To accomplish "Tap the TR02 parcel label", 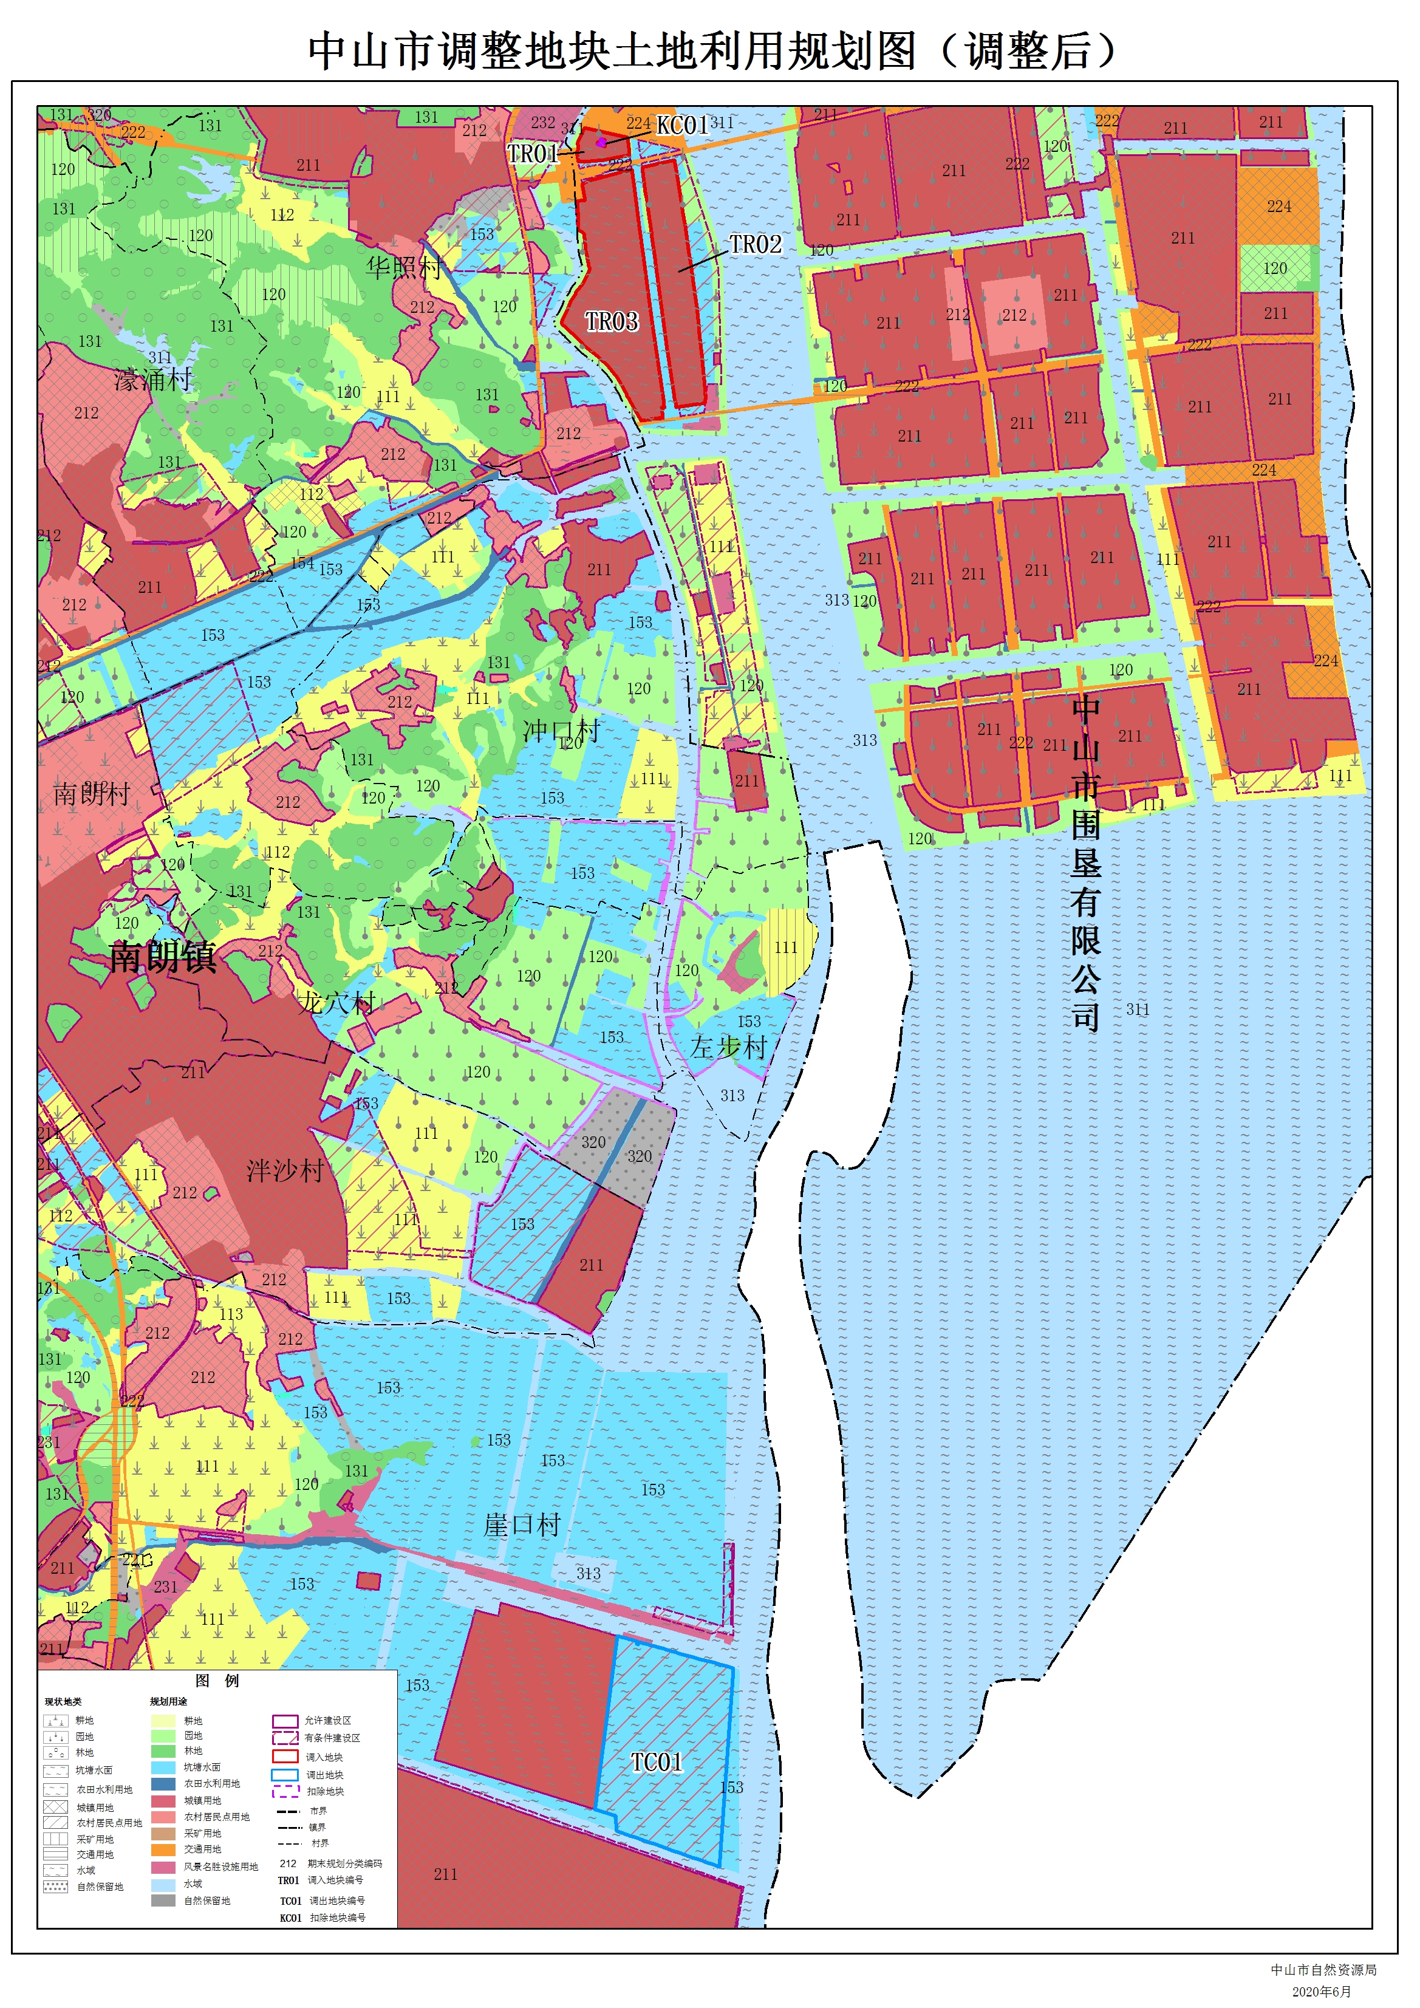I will click(x=756, y=244).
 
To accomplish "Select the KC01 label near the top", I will click(x=682, y=125).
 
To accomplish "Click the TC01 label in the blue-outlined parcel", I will click(x=657, y=1762).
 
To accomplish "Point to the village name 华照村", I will click(x=404, y=267).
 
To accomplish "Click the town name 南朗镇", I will click(x=163, y=957).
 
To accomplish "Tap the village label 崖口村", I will click(x=522, y=1525).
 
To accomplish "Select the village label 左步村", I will click(x=728, y=1047).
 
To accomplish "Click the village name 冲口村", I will click(x=561, y=730).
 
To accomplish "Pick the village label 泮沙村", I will click(x=285, y=1170).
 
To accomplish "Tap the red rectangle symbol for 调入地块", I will click(x=285, y=1756).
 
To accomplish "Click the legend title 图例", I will click(x=217, y=1681).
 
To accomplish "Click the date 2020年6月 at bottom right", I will click(x=1321, y=1992).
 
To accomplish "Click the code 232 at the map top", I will click(x=542, y=123).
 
